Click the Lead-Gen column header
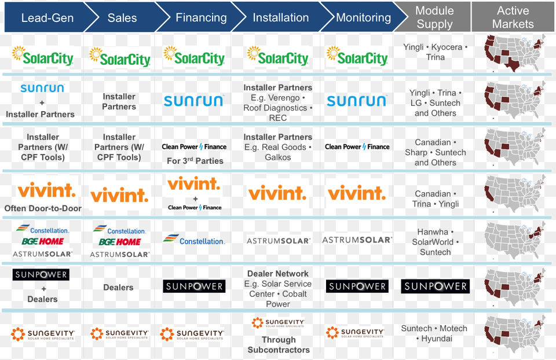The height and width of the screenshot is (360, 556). coord(47,17)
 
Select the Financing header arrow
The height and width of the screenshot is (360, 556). coord(201,17)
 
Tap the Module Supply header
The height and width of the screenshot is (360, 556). coord(434,17)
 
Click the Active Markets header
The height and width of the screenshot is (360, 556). coord(513,17)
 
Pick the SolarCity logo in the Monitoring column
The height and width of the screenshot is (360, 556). coord(357,57)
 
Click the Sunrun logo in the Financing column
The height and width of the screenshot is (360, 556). coord(193,101)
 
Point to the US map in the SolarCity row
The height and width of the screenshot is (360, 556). coord(515,53)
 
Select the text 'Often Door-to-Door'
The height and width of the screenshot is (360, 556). coord(43,208)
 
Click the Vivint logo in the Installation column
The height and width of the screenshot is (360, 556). coord(277,193)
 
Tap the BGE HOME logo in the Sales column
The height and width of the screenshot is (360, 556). coord(120,242)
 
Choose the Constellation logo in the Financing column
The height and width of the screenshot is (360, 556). coord(194,240)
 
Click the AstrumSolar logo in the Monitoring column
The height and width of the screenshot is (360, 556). coord(357,240)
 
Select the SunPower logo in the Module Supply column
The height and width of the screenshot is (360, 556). coord(435,286)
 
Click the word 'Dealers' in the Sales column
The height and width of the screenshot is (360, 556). coord(118,287)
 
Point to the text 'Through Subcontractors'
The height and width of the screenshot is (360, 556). coord(279,345)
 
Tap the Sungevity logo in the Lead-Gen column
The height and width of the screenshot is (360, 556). coord(42,334)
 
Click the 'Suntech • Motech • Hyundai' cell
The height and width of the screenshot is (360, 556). coord(434,333)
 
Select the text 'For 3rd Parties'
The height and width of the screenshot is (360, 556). coord(195,161)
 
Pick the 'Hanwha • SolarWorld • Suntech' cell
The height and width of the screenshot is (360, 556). coord(435,242)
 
